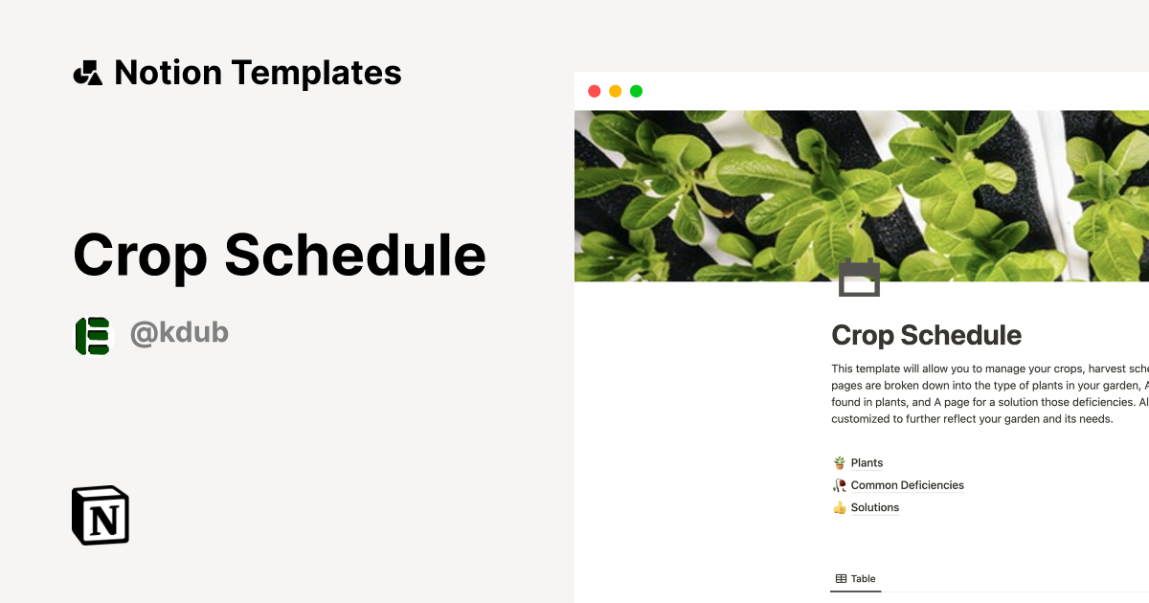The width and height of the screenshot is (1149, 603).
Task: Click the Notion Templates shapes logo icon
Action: (x=87, y=73)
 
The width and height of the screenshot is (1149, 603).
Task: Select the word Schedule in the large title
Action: (x=354, y=256)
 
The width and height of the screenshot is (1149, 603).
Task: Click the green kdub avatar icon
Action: (x=93, y=335)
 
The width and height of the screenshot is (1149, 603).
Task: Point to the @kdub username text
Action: (x=179, y=333)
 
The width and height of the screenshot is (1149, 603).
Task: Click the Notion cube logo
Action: (x=101, y=515)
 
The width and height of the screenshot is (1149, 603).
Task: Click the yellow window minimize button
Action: (x=615, y=91)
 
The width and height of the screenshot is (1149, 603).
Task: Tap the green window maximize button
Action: (x=636, y=91)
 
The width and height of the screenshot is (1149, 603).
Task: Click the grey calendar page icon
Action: (x=859, y=278)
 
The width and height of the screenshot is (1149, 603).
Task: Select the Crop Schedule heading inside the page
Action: (x=926, y=335)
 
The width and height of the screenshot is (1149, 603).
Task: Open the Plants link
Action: (x=867, y=463)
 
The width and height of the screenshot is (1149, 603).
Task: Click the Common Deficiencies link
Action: (x=907, y=485)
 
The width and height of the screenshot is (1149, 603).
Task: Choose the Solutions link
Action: (x=874, y=507)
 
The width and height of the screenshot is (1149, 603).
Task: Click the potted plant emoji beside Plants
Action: (x=840, y=463)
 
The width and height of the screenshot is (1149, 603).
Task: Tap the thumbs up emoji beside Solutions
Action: (x=840, y=507)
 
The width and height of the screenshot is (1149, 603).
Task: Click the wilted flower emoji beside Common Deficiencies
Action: (x=840, y=485)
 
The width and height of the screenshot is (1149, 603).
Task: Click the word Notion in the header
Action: (x=168, y=73)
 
